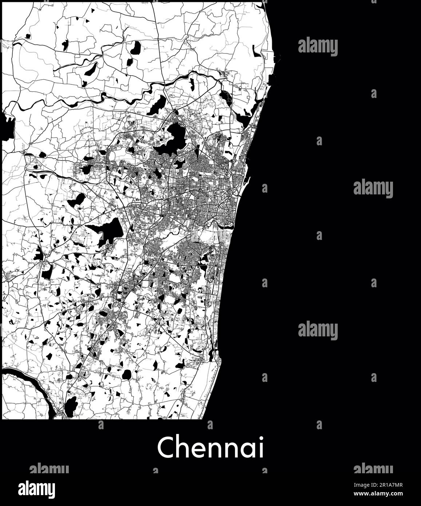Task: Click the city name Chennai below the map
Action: click(210, 447)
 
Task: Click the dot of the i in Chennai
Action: click(260, 439)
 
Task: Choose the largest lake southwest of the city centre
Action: click(109, 230)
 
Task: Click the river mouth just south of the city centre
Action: click(229, 229)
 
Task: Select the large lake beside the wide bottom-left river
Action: click(71, 404)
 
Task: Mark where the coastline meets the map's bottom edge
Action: click(202, 419)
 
